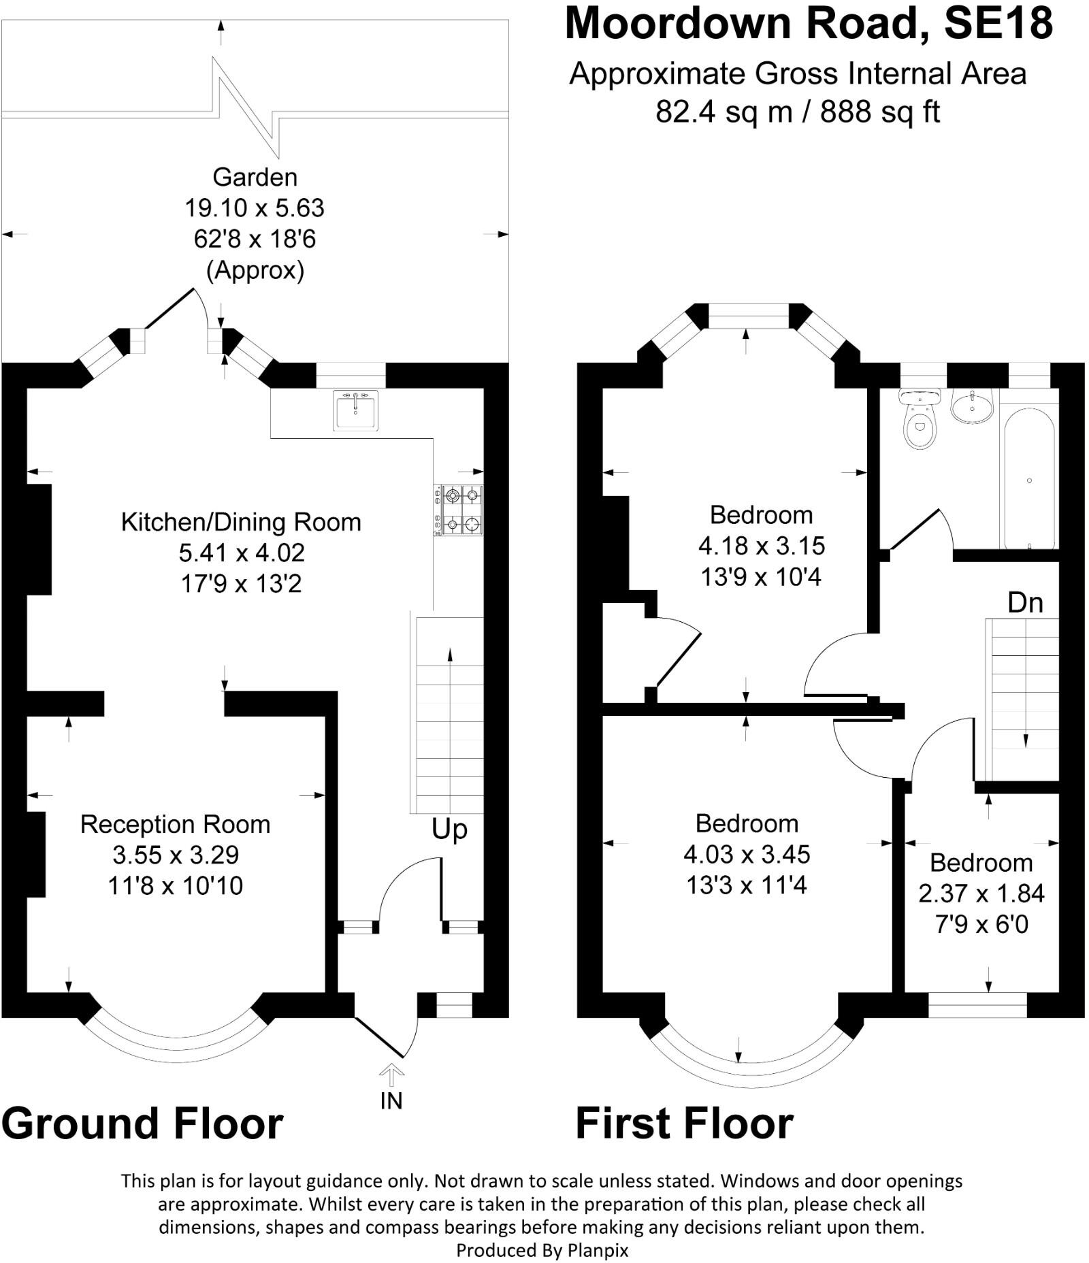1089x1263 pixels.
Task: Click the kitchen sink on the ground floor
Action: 355,410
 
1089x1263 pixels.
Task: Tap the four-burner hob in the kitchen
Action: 458,510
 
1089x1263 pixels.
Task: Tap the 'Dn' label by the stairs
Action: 1025,603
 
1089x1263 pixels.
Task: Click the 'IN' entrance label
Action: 391,1100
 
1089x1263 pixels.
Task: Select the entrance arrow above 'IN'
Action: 392,1075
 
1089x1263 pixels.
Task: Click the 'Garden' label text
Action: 255,177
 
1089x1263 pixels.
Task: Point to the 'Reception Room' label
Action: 176,824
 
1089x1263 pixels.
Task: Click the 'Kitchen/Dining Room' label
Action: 241,522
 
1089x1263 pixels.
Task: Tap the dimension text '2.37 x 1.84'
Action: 981,893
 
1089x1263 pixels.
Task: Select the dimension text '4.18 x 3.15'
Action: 762,546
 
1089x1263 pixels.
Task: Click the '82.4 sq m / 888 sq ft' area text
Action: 798,112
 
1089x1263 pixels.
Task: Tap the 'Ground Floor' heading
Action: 142,1123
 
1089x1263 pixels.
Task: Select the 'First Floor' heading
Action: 685,1123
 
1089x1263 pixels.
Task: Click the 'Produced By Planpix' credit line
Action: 542,1250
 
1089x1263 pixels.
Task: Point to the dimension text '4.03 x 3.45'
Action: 747,854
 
